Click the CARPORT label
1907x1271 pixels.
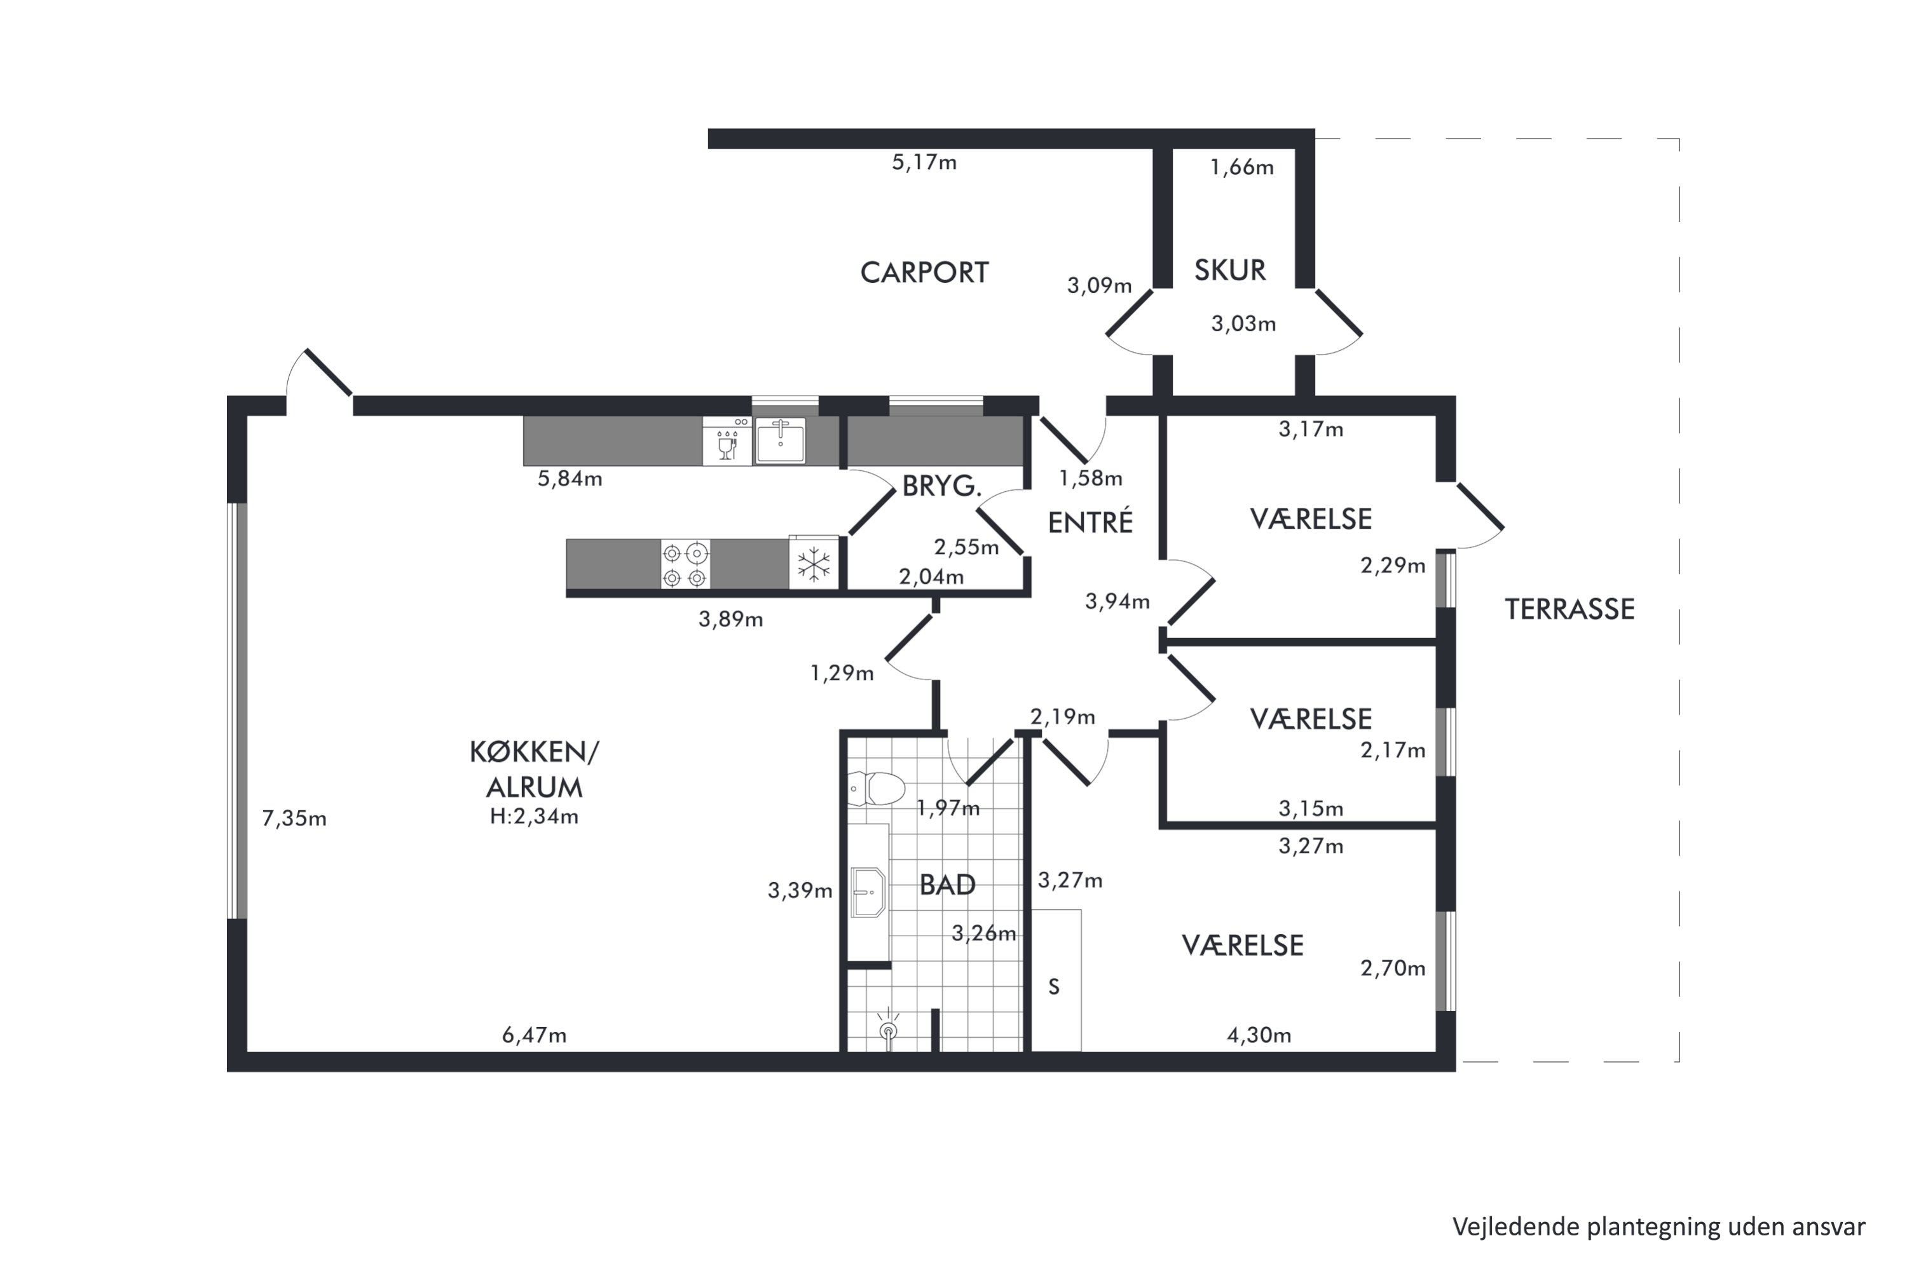(924, 273)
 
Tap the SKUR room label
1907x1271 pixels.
(1230, 270)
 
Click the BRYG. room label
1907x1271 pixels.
(941, 486)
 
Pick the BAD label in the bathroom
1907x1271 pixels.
(947, 885)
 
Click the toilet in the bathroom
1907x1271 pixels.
(877, 788)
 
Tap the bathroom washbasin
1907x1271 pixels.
(868, 892)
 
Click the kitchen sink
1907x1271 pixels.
(780, 441)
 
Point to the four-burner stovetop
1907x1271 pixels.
(685, 565)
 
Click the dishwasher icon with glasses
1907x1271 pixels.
(727, 441)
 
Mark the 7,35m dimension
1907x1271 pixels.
(294, 819)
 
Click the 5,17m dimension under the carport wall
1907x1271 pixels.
(924, 163)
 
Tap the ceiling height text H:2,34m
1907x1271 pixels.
(535, 816)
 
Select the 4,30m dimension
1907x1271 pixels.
(1259, 1035)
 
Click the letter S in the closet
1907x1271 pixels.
(1054, 986)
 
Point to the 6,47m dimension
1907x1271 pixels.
(535, 1035)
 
